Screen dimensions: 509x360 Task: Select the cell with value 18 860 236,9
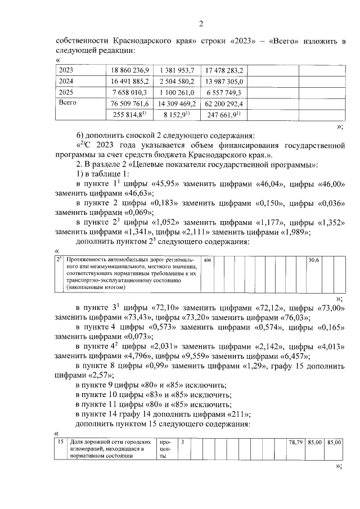(x=130, y=70)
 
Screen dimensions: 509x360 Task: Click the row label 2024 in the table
(x=67, y=81)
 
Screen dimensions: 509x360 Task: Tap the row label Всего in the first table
(x=68, y=103)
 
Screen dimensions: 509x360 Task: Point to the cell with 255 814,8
(x=130, y=114)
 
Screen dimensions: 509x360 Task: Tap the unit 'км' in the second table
(x=208, y=260)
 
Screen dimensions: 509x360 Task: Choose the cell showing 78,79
(x=296, y=443)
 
